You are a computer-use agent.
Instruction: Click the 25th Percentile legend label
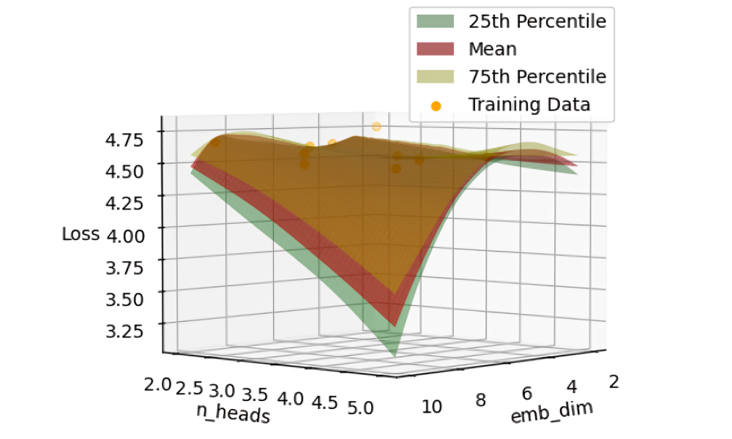point(537,22)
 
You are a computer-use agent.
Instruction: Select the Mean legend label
point(493,50)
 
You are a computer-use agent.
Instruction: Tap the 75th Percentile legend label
point(537,77)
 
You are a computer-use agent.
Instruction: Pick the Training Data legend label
point(529,105)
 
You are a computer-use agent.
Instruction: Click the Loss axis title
point(80,235)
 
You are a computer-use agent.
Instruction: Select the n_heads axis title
point(232,413)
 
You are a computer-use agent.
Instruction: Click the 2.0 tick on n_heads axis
point(158,384)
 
